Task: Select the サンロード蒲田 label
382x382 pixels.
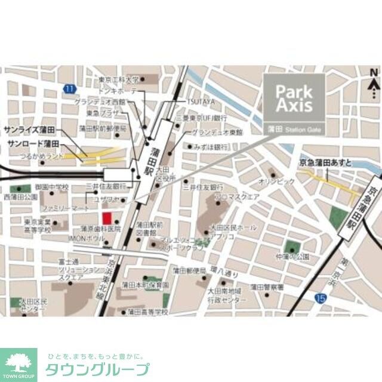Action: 33,144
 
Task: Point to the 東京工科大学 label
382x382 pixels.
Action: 119,79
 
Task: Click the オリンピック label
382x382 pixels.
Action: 277,180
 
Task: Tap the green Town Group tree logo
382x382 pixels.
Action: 18,362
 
